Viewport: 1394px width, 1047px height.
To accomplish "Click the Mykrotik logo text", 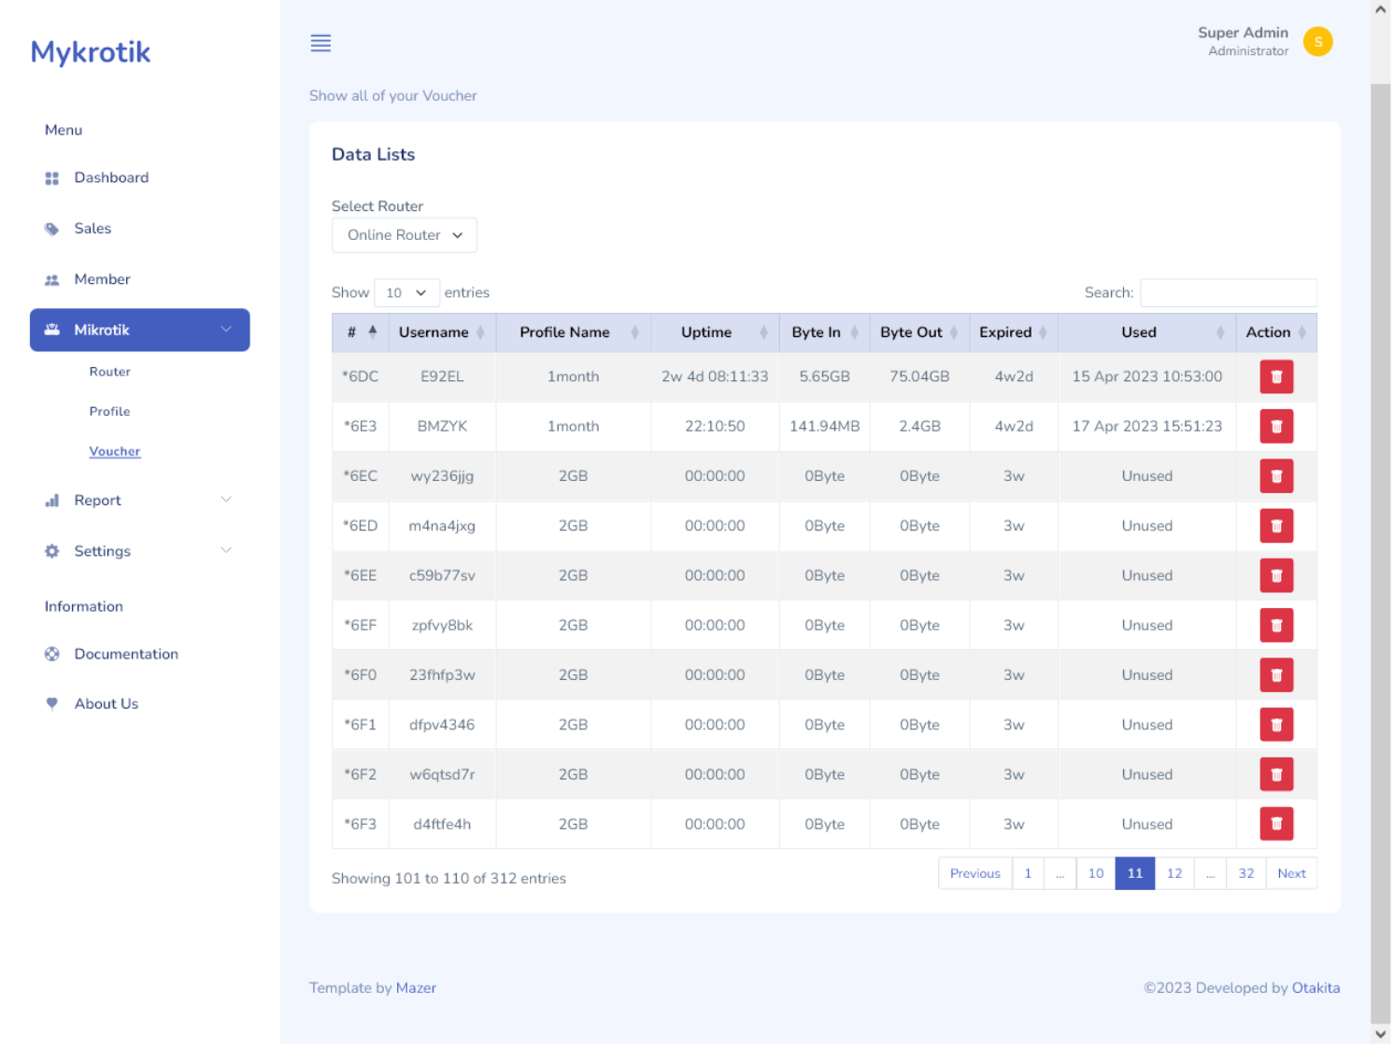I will (x=91, y=52).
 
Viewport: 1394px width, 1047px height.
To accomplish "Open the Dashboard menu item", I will (x=110, y=177).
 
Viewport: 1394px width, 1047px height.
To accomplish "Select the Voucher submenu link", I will (x=114, y=451).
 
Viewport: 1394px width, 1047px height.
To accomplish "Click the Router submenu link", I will (x=109, y=372).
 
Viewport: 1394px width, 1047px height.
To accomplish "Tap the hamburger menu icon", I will (x=320, y=43).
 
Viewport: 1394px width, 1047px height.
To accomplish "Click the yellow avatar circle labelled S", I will (x=1317, y=42).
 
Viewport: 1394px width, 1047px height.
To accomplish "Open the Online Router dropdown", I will (x=404, y=235).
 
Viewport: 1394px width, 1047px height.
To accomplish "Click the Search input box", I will (x=1228, y=292).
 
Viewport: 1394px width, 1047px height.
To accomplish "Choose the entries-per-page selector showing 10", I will (x=405, y=293).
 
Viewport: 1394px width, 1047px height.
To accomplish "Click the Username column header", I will (x=434, y=332).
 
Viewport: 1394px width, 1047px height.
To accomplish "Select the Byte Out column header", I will (x=911, y=332).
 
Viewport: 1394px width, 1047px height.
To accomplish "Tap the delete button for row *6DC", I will (x=1275, y=377).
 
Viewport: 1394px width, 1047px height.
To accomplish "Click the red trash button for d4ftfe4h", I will (x=1275, y=824).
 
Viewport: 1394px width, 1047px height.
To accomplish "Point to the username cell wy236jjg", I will (x=442, y=476).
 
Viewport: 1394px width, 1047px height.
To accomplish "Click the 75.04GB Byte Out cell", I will (x=918, y=376).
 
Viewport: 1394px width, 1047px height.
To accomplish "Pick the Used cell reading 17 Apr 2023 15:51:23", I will (x=1146, y=426).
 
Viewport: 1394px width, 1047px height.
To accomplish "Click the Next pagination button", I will (x=1290, y=873).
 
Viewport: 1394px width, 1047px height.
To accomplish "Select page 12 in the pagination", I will (x=1174, y=873).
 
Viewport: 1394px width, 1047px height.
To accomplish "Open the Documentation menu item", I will (x=125, y=654).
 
